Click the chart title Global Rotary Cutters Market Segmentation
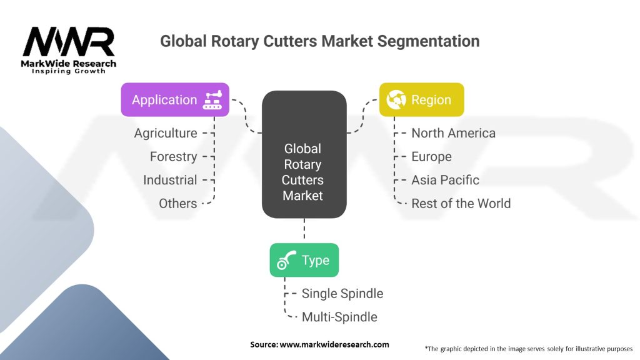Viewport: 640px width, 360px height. coord(319,41)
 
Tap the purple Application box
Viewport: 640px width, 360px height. coord(175,99)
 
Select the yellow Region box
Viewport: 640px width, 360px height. coord(422,99)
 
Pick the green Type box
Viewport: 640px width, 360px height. coord(304,260)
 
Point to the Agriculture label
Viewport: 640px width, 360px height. coord(166,133)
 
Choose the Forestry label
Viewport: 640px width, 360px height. coord(173,156)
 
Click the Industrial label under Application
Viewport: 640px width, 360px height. coord(170,180)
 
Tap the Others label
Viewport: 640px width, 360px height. coord(177,203)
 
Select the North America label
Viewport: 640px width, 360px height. coord(453,133)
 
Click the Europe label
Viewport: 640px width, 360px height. coord(431,156)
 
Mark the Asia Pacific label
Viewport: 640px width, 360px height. coord(445,180)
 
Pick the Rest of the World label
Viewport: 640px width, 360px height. coord(461,203)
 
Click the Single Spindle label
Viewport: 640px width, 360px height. coord(342,293)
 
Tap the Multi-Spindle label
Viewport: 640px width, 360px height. coord(339,317)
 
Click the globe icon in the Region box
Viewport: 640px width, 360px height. coord(396,99)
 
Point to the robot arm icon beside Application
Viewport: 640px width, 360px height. coord(212,100)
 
